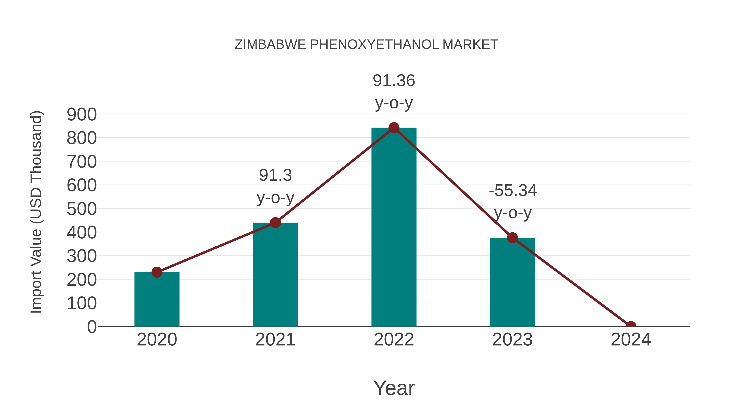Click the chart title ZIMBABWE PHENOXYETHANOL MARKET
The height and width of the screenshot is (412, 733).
pyautogui.click(x=366, y=45)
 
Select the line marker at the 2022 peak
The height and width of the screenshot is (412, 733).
pyautogui.click(x=394, y=128)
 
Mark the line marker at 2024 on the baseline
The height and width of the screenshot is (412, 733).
pyautogui.click(x=631, y=326)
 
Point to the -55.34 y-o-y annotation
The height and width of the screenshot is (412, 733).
pyautogui.click(x=512, y=202)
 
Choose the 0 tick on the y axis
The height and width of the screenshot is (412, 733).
pyautogui.click(x=92, y=327)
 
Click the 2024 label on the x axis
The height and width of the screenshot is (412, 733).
pyautogui.click(x=631, y=340)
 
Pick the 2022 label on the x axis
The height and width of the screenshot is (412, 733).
pyautogui.click(x=394, y=340)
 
